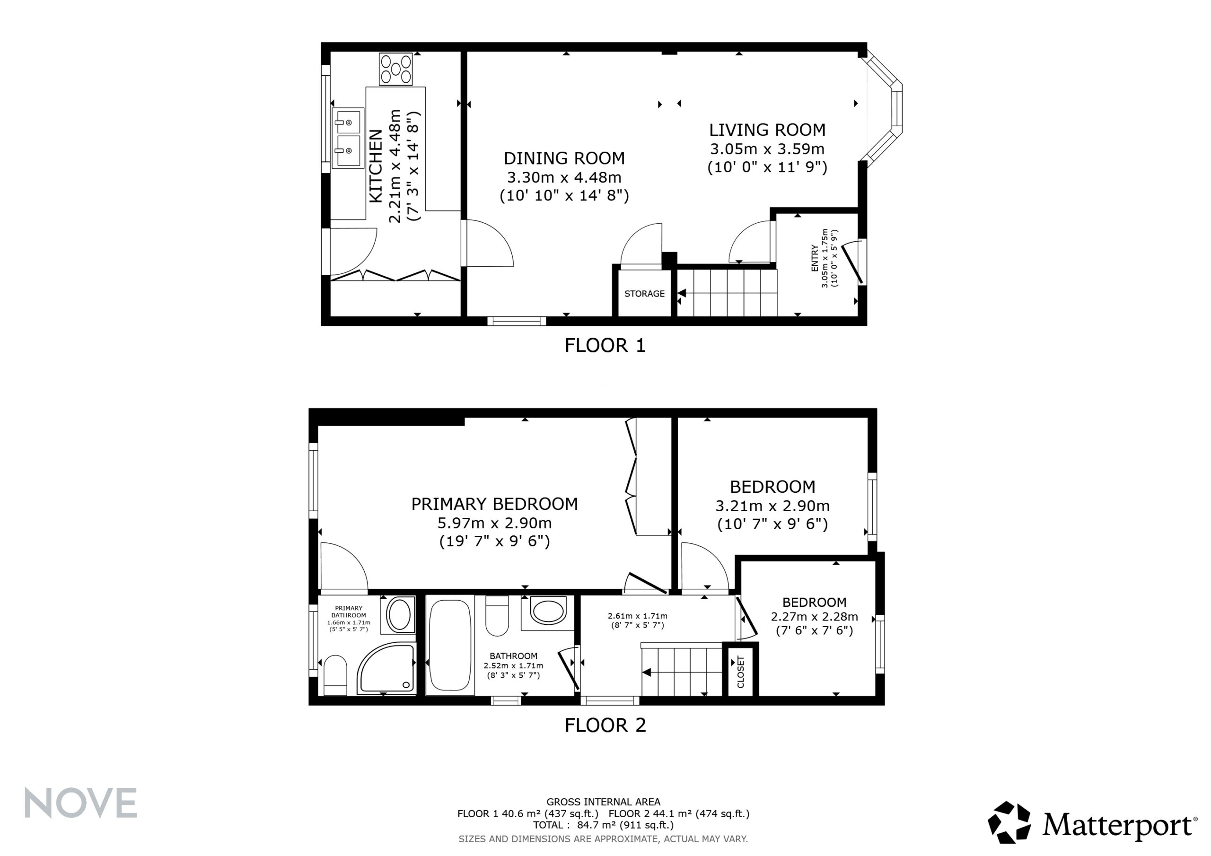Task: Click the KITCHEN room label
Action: pyautogui.click(x=376, y=166)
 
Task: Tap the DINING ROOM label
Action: pyautogui.click(x=564, y=158)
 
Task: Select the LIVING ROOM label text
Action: pyautogui.click(x=767, y=130)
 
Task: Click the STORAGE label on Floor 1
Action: pyautogui.click(x=645, y=294)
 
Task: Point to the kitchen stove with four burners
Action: pyautogui.click(x=395, y=69)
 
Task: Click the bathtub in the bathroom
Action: pyautogui.click(x=450, y=646)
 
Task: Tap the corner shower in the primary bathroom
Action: pyautogui.click(x=386, y=669)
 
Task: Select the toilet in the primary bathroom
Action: pyautogui.click(x=335, y=675)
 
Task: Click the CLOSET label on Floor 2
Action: pyautogui.click(x=740, y=672)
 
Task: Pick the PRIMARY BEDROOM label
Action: pyautogui.click(x=494, y=504)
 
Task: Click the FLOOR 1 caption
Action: pyautogui.click(x=605, y=345)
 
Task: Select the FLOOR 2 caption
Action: pyautogui.click(x=605, y=725)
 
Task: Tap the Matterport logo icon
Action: pyautogui.click(x=1009, y=823)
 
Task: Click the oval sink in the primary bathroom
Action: pyautogui.click(x=400, y=614)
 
